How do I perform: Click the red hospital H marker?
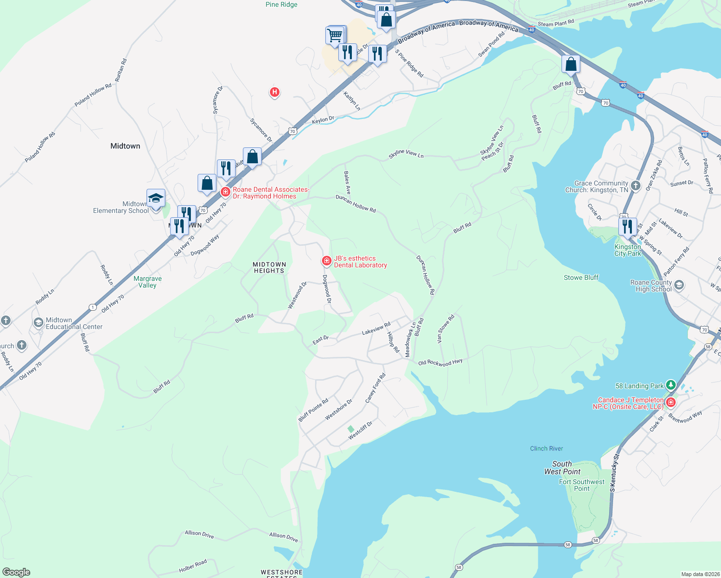[x=274, y=92]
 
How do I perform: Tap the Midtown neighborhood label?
[x=125, y=146]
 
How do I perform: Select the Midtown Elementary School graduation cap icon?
[x=156, y=198]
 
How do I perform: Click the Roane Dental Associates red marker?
[x=225, y=192]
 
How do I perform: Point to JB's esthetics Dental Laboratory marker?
[x=327, y=261]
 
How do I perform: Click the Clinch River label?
[x=546, y=448]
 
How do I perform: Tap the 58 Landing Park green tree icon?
[x=670, y=385]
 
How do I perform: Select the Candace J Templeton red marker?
[x=670, y=402]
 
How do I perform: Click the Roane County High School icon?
[x=679, y=285]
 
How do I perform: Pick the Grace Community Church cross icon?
[x=636, y=186]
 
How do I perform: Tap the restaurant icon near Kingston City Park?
[x=627, y=225]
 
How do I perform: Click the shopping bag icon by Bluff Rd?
[x=571, y=64]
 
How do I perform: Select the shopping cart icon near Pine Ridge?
[x=334, y=36]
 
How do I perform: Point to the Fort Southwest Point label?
[x=582, y=485]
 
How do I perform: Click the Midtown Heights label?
[x=269, y=268]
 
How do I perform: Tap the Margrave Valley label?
[x=147, y=282]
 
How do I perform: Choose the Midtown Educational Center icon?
[x=38, y=323]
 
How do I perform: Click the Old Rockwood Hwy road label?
[x=440, y=362]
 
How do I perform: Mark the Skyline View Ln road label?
[x=406, y=154]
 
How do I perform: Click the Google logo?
[x=16, y=572]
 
